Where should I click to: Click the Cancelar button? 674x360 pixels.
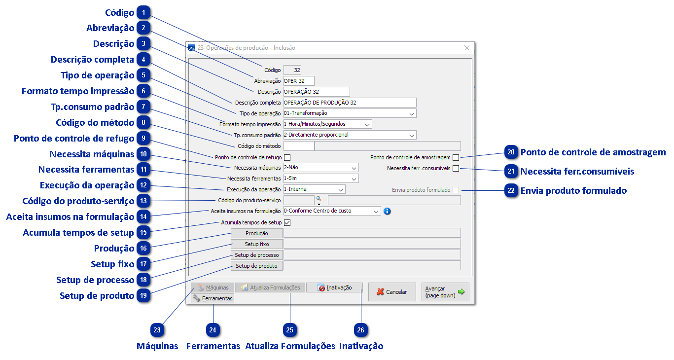(x=392, y=292)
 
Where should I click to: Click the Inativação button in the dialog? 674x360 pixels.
(x=334, y=288)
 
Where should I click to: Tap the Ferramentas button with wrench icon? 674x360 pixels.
(x=213, y=298)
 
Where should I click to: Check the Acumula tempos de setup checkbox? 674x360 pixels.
(x=287, y=222)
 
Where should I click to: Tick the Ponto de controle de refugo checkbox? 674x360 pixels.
(x=287, y=157)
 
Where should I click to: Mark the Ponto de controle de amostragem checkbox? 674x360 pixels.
(x=456, y=157)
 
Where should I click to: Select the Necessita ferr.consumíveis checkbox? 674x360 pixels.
(x=456, y=168)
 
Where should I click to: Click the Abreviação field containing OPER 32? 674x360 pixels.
(x=298, y=81)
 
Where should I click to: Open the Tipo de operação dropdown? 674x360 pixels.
(x=350, y=113)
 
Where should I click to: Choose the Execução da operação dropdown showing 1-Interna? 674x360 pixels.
(x=314, y=189)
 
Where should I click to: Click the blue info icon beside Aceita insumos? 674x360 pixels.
(x=387, y=211)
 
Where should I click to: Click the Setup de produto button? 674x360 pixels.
(x=256, y=266)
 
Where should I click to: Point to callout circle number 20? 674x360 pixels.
(x=512, y=152)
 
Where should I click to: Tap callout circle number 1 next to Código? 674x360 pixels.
(x=143, y=13)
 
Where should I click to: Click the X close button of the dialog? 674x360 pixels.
(x=467, y=48)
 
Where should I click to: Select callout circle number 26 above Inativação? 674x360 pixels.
(x=361, y=330)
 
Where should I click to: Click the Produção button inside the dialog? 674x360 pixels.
(x=256, y=233)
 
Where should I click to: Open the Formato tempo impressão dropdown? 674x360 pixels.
(x=327, y=124)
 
